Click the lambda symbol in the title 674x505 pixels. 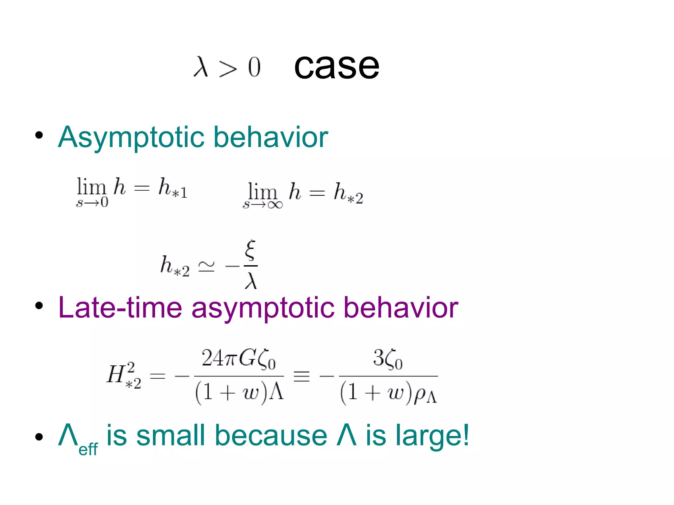201,67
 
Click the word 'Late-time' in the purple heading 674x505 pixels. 120,308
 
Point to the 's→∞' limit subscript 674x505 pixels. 263,205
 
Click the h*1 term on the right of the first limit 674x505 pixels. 173,188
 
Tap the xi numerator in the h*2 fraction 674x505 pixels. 250,250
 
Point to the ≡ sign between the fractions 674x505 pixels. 301,375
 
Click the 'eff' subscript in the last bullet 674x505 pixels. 88,449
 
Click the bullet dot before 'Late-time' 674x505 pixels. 39,306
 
